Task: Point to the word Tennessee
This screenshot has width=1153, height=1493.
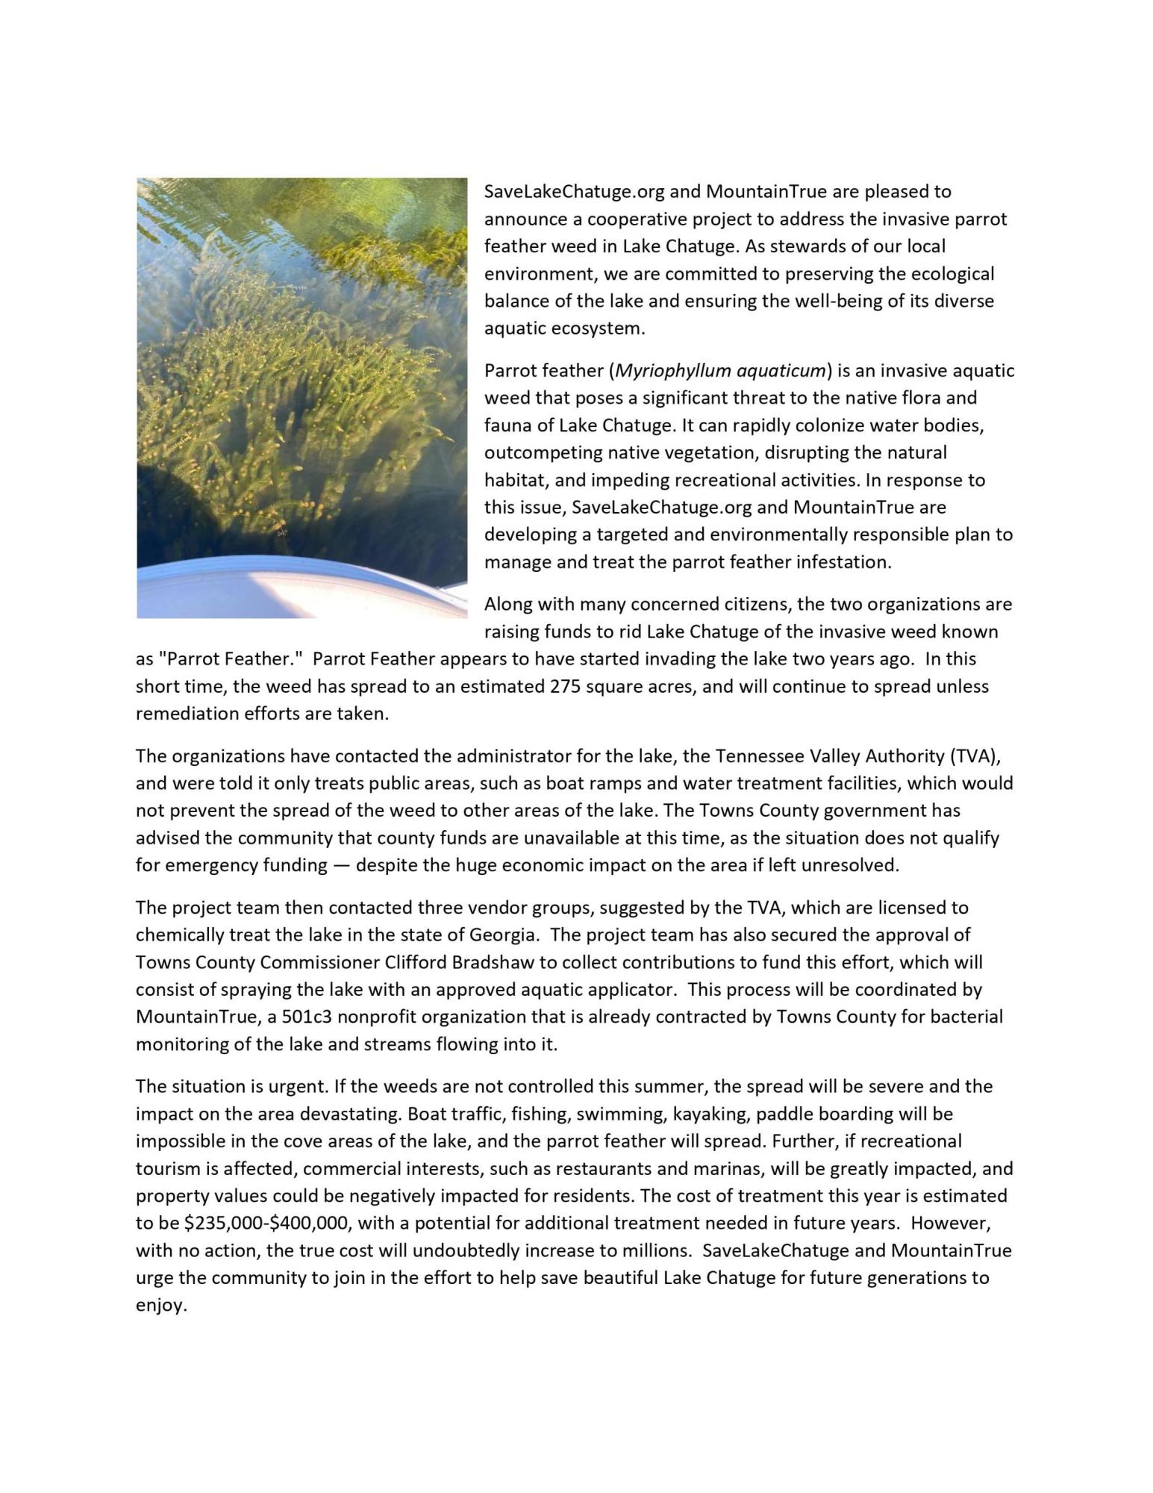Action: [757, 756]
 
